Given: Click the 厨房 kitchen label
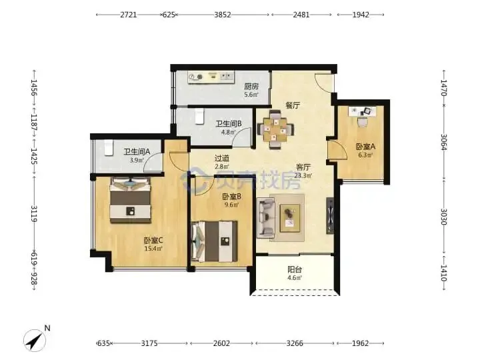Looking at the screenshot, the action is (251, 87).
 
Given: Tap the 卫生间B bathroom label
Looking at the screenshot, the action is (229, 124).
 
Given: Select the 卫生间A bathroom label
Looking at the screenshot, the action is (137, 151).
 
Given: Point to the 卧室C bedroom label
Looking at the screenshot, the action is (153, 240).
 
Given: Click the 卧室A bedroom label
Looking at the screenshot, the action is (365, 147).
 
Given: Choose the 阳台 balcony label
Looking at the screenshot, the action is (295, 270).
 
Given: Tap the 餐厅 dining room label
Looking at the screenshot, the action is (293, 105).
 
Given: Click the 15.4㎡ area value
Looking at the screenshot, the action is (153, 249).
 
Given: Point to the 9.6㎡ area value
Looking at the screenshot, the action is (231, 205).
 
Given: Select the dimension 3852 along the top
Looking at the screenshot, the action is (223, 15).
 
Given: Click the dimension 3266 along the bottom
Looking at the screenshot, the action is (295, 343).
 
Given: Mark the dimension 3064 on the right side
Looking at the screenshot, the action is (444, 142).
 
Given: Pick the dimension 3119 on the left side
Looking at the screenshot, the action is (34, 214).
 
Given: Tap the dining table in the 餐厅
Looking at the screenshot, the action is (276, 130).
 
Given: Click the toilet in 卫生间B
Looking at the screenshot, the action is (199, 117).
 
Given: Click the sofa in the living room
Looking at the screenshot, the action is (266, 217).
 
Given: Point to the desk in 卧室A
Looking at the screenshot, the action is (363, 112).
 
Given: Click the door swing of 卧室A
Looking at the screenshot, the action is (337, 150).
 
